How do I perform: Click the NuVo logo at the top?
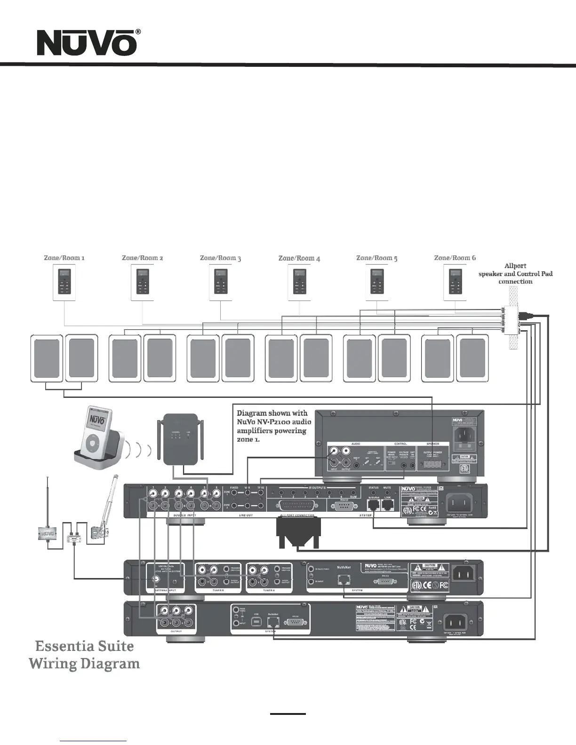[88, 43]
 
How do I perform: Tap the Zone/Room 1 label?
[64, 258]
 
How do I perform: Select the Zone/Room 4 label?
[299, 258]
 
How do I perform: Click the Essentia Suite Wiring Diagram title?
[85, 655]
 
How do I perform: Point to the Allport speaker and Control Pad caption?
[515, 274]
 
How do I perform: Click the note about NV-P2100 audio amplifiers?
[273, 426]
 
